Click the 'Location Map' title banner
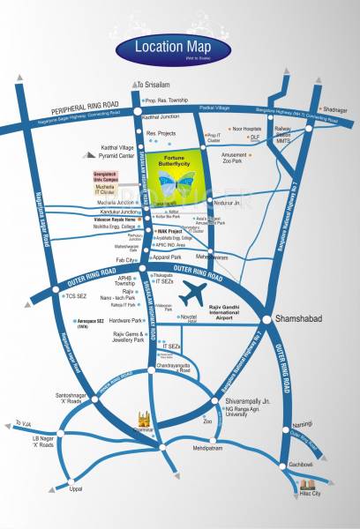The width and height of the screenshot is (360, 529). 180,48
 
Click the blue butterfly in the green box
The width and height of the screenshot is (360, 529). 180,184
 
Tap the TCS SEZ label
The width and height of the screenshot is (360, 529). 76,296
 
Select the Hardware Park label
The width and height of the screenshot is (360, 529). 125,321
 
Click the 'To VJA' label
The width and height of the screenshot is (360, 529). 23,423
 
